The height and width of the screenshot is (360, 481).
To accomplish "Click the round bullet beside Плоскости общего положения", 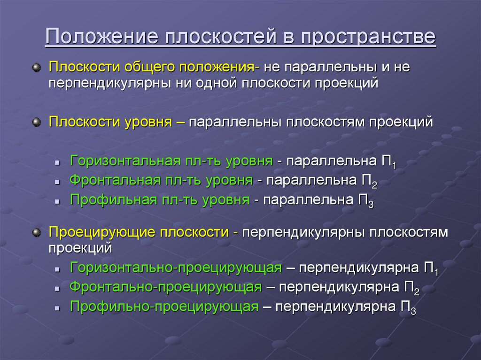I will [x=36, y=67].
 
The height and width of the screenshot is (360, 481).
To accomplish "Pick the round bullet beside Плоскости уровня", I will [x=36, y=123].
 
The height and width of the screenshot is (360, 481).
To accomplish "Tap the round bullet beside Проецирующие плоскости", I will [x=36, y=232].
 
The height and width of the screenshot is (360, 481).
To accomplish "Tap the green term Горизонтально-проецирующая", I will [x=176, y=268].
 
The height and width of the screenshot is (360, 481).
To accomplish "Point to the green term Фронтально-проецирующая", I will [x=165, y=287].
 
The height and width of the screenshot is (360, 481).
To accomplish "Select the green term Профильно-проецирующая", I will [x=164, y=307].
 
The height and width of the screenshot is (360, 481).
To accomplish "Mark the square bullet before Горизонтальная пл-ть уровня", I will [x=56, y=162].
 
